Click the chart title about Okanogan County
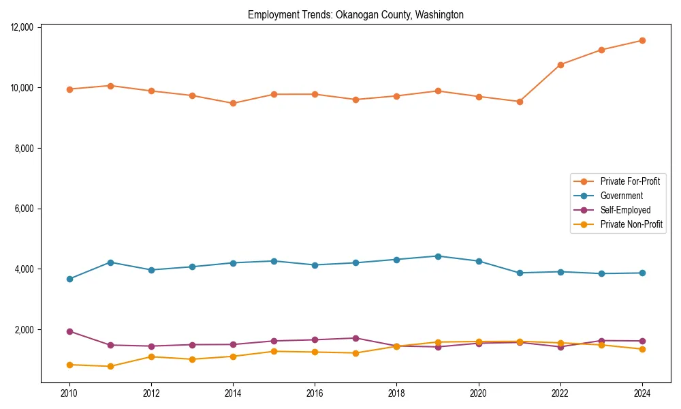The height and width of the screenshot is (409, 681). pos(355,15)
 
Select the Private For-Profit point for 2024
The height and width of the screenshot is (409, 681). pos(642,41)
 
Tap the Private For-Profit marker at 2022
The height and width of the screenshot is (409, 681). pos(560,65)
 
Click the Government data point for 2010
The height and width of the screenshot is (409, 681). pos(69,279)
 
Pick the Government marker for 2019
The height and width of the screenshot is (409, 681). pos(438,256)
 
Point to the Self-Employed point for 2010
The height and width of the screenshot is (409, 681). pos(69,331)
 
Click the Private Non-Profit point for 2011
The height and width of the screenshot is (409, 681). pos(110,367)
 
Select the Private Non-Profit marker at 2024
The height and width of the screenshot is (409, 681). pos(642,349)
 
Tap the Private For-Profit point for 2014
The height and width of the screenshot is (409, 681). pos(233,104)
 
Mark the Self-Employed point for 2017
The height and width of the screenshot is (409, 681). pos(356,338)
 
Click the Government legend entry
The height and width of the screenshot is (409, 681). pos(621,196)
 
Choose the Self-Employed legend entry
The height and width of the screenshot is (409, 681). pos(625,210)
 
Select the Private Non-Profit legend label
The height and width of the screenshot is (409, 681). pos(631,224)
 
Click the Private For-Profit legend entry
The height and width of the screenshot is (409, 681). pos(630,181)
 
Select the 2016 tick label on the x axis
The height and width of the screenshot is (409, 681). pos(315,393)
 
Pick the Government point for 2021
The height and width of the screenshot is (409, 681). pos(520,273)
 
